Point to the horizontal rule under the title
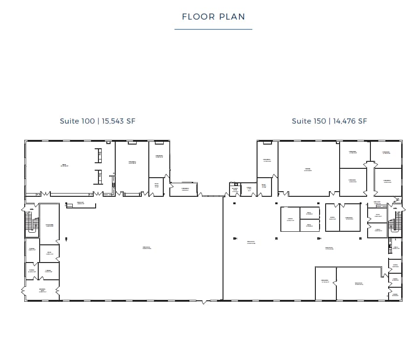213,29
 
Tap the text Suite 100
77,121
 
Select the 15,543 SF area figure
118,121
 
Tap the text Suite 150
308,121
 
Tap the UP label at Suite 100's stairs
28,213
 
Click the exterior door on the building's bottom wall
203,302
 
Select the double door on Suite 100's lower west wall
23,291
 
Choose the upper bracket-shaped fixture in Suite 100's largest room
99,155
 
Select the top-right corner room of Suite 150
386,154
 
